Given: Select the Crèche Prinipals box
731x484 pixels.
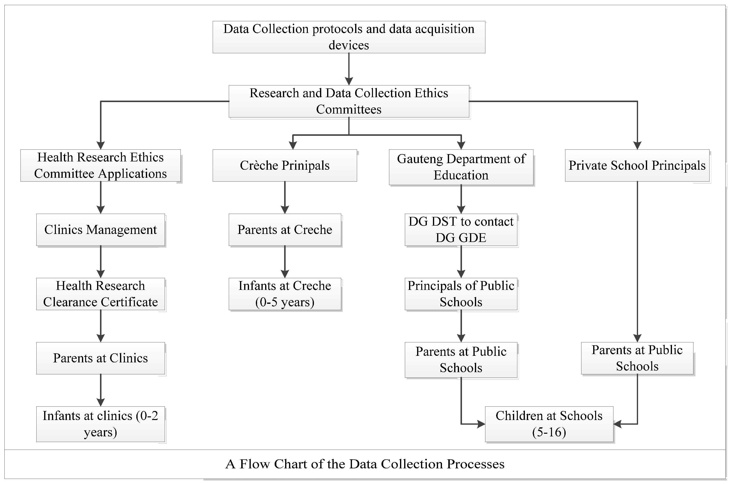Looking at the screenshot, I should (285, 166).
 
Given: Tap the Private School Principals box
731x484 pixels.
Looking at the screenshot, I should (637, 166).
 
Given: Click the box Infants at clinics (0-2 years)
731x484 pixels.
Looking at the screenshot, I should (100, 424).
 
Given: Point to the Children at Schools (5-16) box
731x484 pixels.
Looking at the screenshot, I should (549, 424).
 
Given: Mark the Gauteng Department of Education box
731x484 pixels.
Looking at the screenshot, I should (461, 167).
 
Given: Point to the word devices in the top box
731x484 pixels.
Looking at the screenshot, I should (349, 45).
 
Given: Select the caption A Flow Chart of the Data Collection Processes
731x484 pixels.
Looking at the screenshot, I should (365, 464).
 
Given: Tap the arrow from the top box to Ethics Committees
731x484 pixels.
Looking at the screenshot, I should (349, 69).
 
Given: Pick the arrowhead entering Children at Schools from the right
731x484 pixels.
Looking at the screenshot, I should (618, 424).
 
